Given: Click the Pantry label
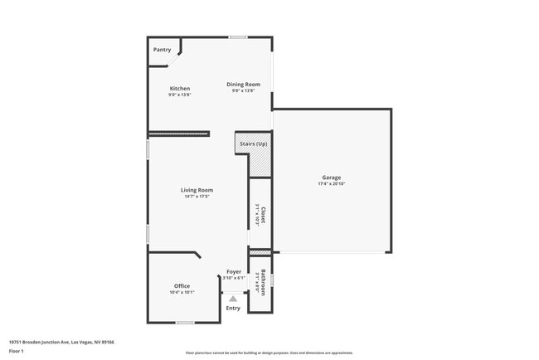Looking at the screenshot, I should tap(162, 50).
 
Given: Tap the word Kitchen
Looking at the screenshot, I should tap(180, 89).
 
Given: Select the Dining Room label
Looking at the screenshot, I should tap(244, 84).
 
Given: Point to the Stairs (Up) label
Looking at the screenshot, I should tap(254, 145).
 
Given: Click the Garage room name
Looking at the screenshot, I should tap(332, 178).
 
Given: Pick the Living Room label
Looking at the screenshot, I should tap(197, 190).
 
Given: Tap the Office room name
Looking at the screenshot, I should tap(182, 286).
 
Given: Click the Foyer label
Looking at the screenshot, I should tap(235, 271).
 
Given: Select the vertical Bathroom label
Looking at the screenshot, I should tap(263, 283).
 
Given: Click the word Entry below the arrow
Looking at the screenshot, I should tap(233, 309).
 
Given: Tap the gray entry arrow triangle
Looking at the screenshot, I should tap(233, 298).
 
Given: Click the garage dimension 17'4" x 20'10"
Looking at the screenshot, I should tap(332, 184).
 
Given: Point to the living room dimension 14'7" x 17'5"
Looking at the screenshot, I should tap(197, 197).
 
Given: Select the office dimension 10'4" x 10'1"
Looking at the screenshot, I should tap(182, 293).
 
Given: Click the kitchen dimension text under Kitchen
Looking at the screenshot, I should tap(180, 95).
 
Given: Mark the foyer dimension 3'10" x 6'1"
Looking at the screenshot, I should tap(235, 278).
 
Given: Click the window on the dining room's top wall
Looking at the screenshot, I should tap(238, 37).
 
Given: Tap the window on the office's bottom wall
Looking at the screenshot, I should tap(185, 323).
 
